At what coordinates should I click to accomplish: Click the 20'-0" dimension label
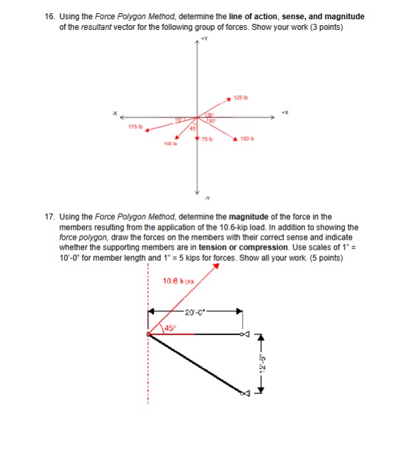(x=196, y=311)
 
